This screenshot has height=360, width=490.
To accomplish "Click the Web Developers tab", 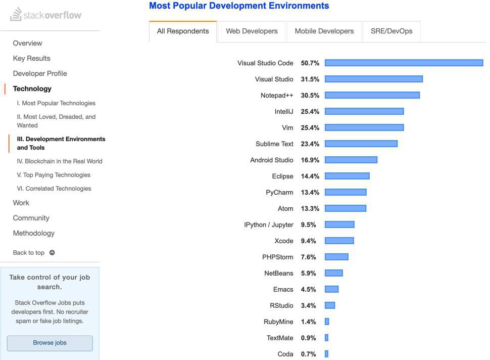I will (x=252, y=31).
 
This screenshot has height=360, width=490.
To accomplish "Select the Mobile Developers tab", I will (x=324, y=31).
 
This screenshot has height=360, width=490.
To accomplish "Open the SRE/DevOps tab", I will (x=391, y=31).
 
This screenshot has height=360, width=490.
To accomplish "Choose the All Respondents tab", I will (x=183, y=31).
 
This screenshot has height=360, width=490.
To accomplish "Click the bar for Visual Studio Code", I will (x=404, y=63).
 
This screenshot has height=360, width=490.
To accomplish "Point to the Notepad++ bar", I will (x=372, y=96).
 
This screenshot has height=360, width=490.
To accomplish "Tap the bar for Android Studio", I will (x=351, y=160).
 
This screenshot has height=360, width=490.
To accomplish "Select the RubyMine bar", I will (x=327, y=322).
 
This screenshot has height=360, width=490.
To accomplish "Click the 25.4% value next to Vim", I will (x=310, y=128).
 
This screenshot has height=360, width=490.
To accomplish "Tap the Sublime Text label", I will (x=274, y=144).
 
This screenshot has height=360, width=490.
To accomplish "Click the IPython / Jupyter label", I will (x=269, y=225).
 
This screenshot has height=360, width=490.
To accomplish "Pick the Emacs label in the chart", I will (x=283, y=290).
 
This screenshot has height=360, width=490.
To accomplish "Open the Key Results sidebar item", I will (x=31, y=59).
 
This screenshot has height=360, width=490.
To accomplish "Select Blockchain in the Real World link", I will (x=60, y=161).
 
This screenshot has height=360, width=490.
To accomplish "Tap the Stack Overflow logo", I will (x=46, y=15).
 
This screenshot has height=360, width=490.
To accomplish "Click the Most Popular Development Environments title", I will (x=239, y=6).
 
